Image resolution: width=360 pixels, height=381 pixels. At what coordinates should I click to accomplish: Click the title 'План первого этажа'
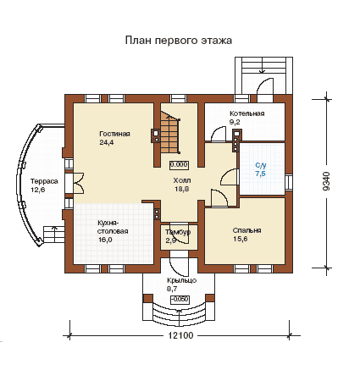pyautogui.click(x=179, y=40)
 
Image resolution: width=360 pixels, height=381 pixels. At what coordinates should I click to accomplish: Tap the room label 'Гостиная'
pyautogui.click(x=114, y=134)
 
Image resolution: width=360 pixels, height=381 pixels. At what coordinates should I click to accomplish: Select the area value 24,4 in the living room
pyautogui.click(x=107, y=142)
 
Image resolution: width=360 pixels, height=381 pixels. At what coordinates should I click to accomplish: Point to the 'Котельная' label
pyautogui.click(x=247, y=113)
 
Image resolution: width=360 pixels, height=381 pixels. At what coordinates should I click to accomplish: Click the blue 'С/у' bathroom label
pyautogui.click(x=261, y=165)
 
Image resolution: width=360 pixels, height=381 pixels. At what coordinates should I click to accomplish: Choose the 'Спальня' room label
pyautogui.click(x=246, y=230)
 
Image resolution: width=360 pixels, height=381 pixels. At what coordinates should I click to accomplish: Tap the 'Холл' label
pyautogui.click(x=182, y=180)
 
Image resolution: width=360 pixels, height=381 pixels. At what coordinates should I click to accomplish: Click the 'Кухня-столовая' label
pyautogui.click(x=113, y=227)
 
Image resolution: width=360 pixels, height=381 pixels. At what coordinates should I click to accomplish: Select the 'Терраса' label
pyautogui.click(x=44, y=181)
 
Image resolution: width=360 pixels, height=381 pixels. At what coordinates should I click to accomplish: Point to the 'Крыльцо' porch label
pyautogui.click(x=181, y=280)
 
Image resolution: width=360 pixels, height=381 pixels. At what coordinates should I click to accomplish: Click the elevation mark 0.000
pyautogui.click(x=180, y=165)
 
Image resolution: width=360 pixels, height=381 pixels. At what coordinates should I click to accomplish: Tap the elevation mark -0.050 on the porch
pyautogui.click(x=180, y=300)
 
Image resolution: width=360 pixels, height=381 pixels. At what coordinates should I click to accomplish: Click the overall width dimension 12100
pyautogui.click(x=180, y=335)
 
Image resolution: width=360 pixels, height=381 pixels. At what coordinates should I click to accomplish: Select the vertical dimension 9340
pyautogui.click(x=326, y=181)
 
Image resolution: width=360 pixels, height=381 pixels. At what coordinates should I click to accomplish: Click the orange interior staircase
pyautogui.click(x=170, y=132)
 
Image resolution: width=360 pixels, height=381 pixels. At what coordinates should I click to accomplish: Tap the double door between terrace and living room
pyautogui.click(x=79, y=183)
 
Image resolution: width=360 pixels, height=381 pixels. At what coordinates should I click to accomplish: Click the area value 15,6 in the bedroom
pyautogui.click(x=240, y=239)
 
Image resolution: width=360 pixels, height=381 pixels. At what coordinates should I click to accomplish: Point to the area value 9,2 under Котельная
pyautogui.click(x=235, y=122)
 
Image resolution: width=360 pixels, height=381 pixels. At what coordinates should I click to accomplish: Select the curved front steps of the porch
pyautogui.click(x=180, y=314)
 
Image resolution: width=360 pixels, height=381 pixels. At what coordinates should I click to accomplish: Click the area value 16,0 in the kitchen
pyautogui.click(x=105, y=240)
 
